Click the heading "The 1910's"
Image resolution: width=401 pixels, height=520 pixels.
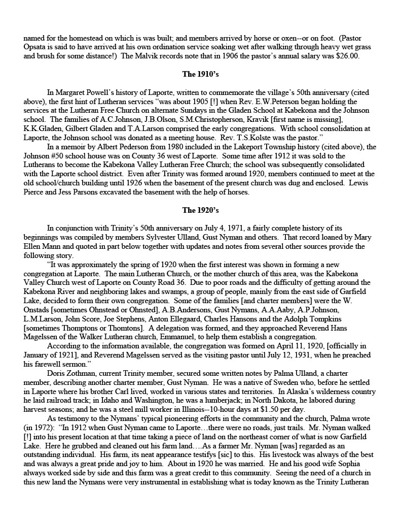[x=200, y=74]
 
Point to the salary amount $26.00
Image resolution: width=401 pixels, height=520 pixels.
[x=348, y=56]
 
